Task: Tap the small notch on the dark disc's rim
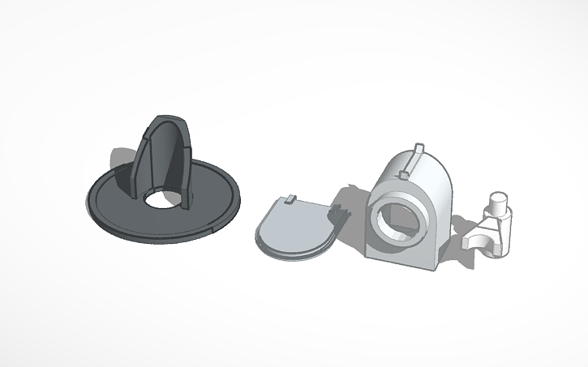tap(213, 230)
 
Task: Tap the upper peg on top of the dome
tap(418, 150)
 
